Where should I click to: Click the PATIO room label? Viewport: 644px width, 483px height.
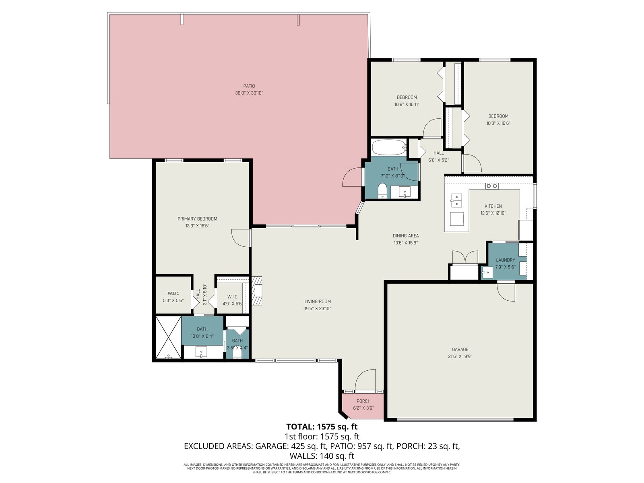pyautogui.click(x=249, y=86)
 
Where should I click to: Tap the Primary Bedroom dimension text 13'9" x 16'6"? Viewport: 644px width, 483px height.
pyautogui.click(x=197, y=226)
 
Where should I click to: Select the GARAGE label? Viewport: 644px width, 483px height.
pyautogui.click(x=460, y=349)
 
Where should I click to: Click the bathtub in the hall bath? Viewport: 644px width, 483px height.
pyautogui.click(x=389, y=147)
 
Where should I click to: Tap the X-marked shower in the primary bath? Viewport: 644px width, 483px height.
pyautogui.click(x=168, y=337)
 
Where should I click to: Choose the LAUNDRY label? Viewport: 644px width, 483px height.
pyautogui.click(x=505, y=260)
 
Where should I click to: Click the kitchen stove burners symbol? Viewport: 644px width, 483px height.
pyautogui.click(x=491, y=186)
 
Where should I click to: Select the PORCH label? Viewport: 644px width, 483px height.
pyautogui.click(x=363, y=401)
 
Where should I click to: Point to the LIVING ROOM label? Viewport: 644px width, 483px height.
pyautogui.click(x=318, y=301)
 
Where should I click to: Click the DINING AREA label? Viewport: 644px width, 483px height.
pyautogui.click(x=405, y=235)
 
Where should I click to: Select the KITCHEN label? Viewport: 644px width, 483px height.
pyautogui.click(x=493, y=206)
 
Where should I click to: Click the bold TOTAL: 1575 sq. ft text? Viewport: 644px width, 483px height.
pyautogui.click(x=322, y=426)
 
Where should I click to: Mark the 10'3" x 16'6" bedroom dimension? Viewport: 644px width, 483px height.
pyautogui.click(x=498, y=123)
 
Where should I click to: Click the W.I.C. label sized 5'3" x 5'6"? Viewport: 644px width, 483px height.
pyautogui.click(x=173, y=293)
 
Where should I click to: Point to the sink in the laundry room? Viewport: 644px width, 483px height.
pyautogui.click(x=487, y=272)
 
